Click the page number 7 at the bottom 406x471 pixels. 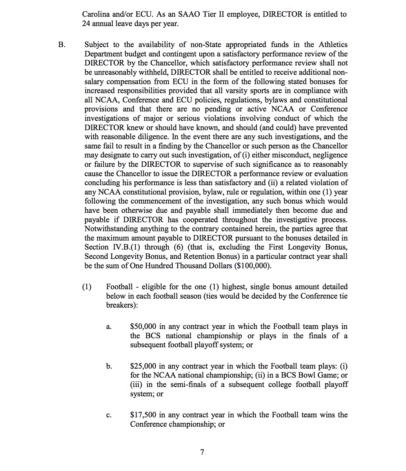tap(202, 452)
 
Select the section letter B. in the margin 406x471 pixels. tap(61, 45)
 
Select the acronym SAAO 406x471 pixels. tap(190, 14)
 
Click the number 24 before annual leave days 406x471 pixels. tap(86, 23)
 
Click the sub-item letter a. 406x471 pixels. tap(108, 327)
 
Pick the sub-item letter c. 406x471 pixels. tap(108, 415)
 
